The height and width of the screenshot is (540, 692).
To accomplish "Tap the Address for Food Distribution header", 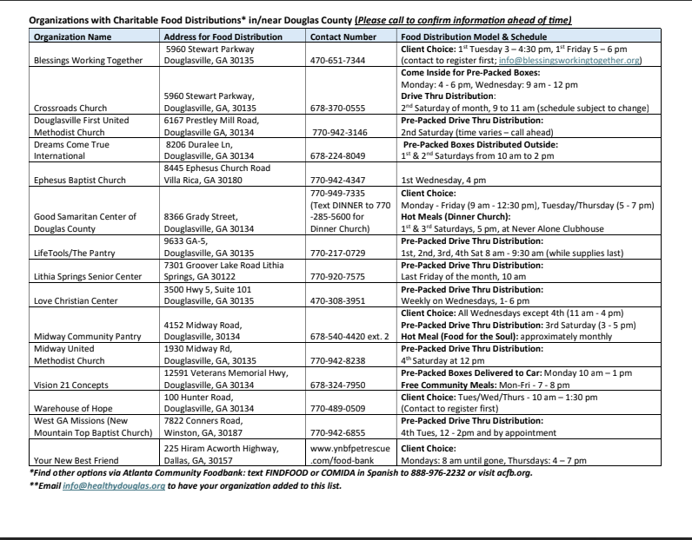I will [x=223, y=37].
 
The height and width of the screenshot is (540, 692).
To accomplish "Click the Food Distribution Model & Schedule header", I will [x=474, y=37].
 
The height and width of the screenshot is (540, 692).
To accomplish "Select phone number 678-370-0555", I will [x=340, y=109].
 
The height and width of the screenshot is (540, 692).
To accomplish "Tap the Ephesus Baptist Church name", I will [x=80, y=180].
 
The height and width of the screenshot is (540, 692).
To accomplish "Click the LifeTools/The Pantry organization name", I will [x=77, y=252].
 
